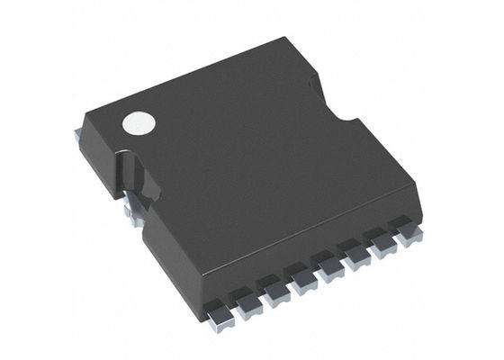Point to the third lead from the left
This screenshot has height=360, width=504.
[x=274, y=285]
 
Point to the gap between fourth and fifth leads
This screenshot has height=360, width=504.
[x=315, y=267]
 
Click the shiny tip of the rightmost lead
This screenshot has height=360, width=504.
[x=412, y=238]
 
